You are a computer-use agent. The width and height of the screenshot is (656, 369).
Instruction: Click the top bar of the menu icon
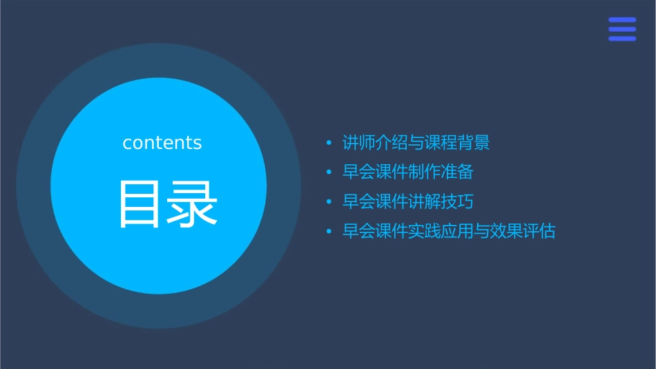pos(622,19)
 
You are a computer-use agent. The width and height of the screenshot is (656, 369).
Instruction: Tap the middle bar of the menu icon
pos(622,29)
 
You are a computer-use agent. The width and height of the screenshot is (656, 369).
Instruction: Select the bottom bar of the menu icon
pos(622,39)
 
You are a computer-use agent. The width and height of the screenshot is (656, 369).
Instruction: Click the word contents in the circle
pos(162,143)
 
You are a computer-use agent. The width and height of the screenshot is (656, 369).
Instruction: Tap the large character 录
pos(193,204)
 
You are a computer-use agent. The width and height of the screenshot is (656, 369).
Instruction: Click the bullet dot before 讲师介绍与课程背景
pos(329,143)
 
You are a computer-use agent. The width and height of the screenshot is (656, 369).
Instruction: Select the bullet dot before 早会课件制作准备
pos(329,172)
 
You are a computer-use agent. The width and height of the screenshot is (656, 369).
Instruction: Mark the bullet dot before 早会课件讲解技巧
pos(329,202)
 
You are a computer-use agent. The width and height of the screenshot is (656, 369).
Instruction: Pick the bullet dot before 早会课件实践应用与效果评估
pos(329,232)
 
